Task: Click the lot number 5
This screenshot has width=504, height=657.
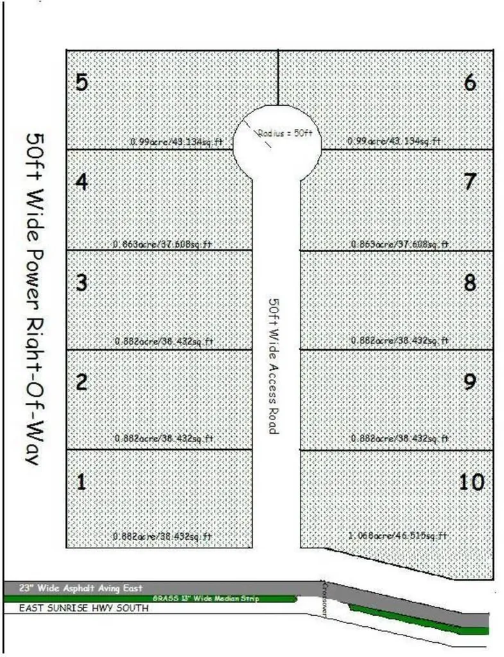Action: point(82,83)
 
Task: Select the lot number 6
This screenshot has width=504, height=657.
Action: point(470,83)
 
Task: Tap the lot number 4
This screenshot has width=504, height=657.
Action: point(82,183)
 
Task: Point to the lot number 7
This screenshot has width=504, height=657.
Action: point(470,182)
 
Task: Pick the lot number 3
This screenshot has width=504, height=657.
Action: point(82,282)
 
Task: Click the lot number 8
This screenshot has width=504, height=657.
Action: point(470,282)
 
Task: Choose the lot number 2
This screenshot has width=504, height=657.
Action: point(82,382)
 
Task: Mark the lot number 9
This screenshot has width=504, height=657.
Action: point(470,382)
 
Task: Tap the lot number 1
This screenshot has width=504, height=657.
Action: point(82,482)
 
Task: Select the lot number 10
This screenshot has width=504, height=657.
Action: point(472,482)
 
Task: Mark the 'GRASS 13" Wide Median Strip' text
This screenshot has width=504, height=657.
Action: point(205,599)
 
